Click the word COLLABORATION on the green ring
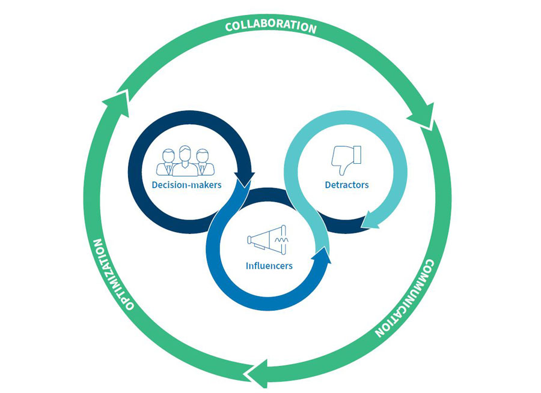(x=270, y=27)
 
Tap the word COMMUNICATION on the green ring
(x=404, y=300)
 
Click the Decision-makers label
(x=186, y=185)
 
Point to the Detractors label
(x=347, y=185)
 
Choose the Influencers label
(x=269, y=265)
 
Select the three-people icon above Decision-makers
(x=185, y=161)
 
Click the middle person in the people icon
(x=185, y=160)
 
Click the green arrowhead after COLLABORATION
(x=423, y=117)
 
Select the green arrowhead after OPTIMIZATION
(x=117, y=100)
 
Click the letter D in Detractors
(x=328, y=185)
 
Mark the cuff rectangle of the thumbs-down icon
(x=356, y=152)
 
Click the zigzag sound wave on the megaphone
(x=281, y=239)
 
